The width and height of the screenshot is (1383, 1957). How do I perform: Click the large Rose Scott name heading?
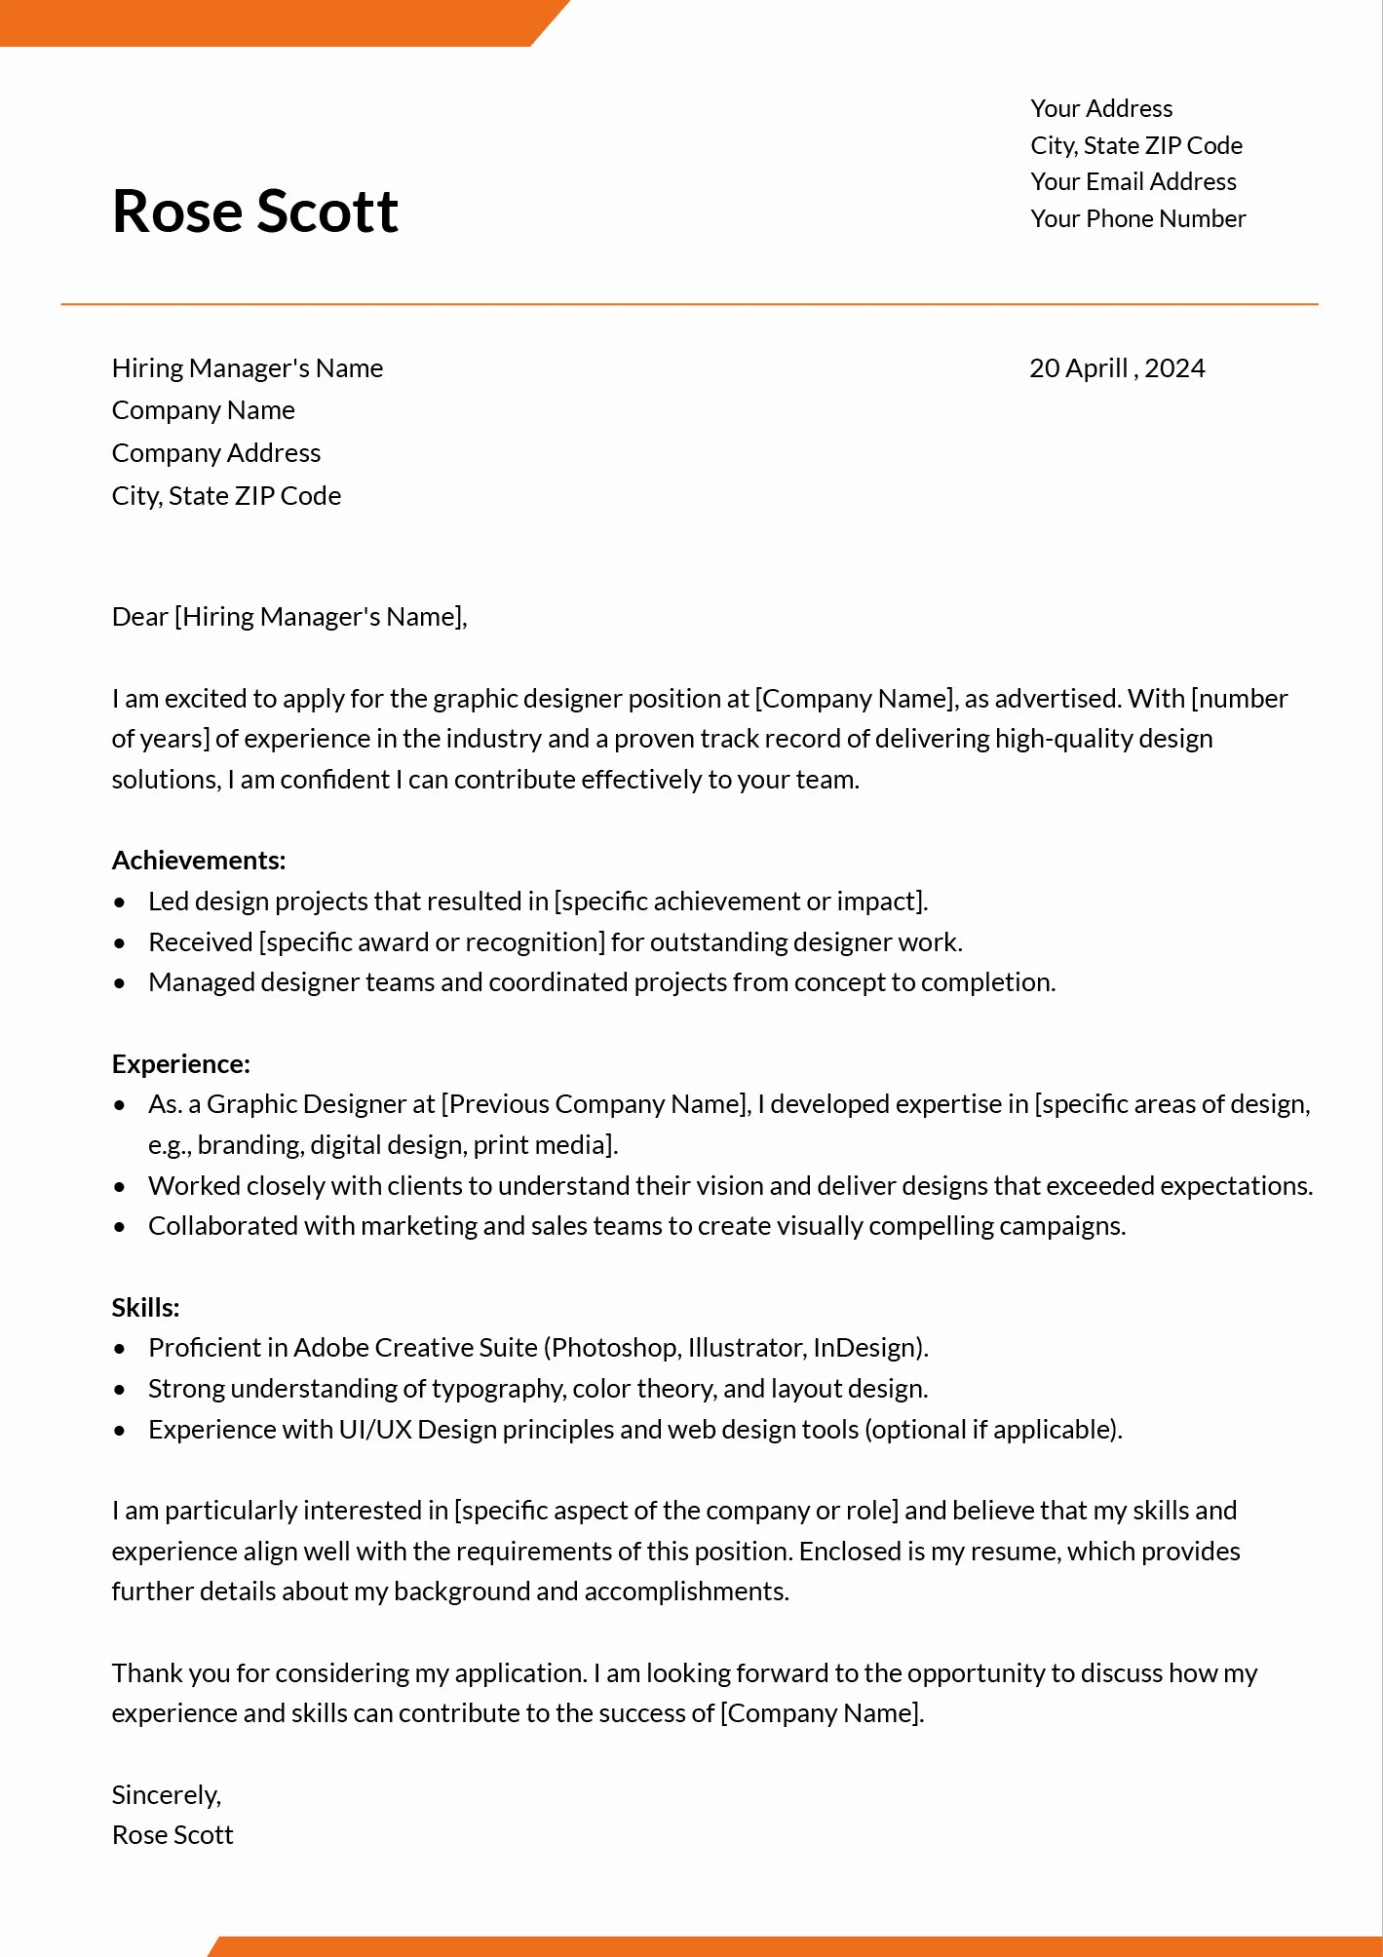(255, 211)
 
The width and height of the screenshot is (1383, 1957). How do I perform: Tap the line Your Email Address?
(1133, 182)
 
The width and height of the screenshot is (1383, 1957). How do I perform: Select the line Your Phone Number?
(1138, 219)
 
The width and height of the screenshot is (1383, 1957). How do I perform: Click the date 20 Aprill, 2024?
(1117, 368)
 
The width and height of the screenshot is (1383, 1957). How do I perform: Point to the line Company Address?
(216, 453)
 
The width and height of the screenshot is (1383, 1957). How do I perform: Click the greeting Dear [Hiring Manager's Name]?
(289, 617)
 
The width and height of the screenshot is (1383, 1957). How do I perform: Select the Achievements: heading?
(199, 861)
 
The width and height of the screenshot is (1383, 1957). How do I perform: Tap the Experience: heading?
(181, 1064)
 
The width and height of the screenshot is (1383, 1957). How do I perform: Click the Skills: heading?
(146, 1308)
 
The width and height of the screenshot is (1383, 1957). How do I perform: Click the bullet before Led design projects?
(120, 902)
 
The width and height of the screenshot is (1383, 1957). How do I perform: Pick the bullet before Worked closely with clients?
(120, 1187)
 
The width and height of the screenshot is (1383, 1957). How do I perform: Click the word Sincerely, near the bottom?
(167, 1795)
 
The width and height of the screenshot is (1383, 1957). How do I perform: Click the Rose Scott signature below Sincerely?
(173, 1835)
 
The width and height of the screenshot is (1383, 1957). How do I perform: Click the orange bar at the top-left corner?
(263, 21)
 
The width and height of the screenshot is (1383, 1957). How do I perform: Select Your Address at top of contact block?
(1101, 109)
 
